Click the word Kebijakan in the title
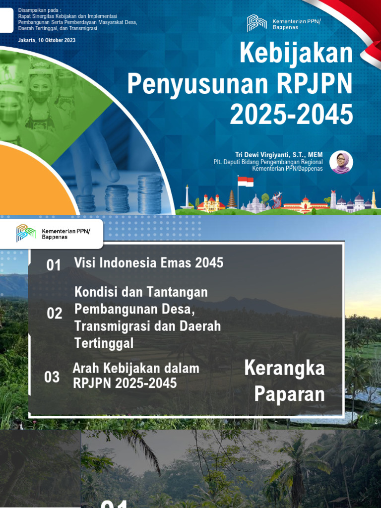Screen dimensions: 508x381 click(296, 54)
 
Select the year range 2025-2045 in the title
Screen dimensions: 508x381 click(291, 115)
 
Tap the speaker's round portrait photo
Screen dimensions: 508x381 click(341, 162)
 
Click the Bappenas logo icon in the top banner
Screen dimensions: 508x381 click(256, 23)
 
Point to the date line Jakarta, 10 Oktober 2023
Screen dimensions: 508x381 click(47, 40)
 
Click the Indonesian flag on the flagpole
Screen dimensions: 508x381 click(246, 182)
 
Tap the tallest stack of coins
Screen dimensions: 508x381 click(150, 194)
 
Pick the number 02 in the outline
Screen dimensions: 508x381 click(55, 314)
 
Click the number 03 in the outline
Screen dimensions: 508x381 click(52, 377)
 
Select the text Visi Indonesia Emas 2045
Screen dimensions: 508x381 click(149, 263)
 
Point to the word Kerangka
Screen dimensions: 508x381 click(285, 369)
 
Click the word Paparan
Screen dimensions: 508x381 click(290, 395)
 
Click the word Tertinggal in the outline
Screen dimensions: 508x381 click(104, 343)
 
